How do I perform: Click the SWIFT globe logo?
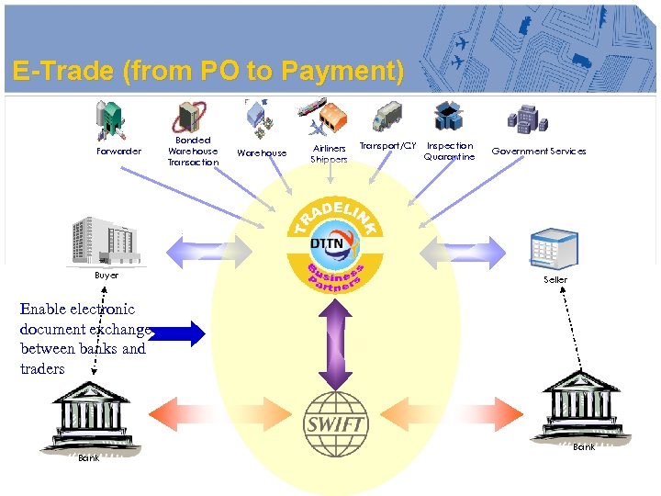pyautogui.click(x=335, y=424)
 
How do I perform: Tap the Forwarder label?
pyautogui.click(x=119, y=152)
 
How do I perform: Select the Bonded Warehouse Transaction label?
pyautogui.click(x=193, y=152)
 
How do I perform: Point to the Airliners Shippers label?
pyautogui.click(x=330, y=153)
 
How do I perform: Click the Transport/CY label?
pyautogui.click(x=387, y=146)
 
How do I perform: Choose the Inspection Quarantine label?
pyautogui.click(x=450, y=152)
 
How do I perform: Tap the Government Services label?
pyautogui.click(x=539, y=152)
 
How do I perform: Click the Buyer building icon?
pyautogui.click(x=106, y=241)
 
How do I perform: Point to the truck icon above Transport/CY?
pyautogui.click(x=387, y=117)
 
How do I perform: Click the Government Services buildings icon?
pyautogui.click(x=528, y=118)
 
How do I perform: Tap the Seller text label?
pyautogui.click(x=555, y=279)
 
